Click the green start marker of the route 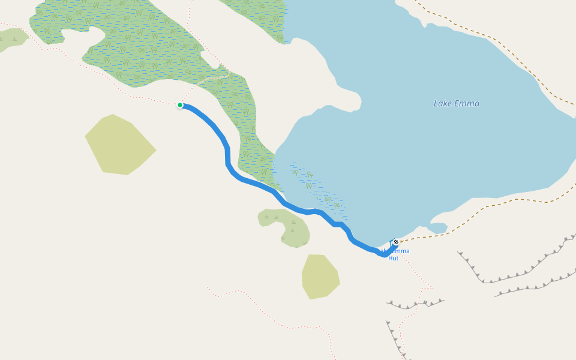180,105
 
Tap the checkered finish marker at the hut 395,242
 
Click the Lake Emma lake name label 457,103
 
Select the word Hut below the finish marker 393,258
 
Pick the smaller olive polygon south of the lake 320,276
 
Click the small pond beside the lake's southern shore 437,228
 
